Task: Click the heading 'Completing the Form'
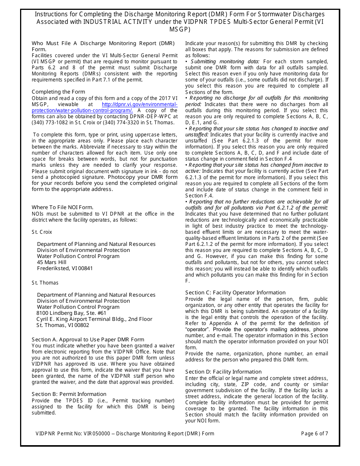58,92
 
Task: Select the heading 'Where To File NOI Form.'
63,207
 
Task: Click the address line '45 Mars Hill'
52,262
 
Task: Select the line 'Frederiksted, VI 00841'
65,268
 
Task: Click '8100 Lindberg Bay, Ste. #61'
71,313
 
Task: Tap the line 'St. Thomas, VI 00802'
63,325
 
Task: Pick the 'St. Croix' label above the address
42,232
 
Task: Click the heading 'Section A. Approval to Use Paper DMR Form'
88,339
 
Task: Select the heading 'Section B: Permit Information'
69,394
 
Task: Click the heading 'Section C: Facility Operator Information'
235,292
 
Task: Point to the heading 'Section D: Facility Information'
223,372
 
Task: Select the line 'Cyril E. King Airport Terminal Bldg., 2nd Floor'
95,319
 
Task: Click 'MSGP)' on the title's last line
180,29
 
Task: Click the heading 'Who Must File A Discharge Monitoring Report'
103,43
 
